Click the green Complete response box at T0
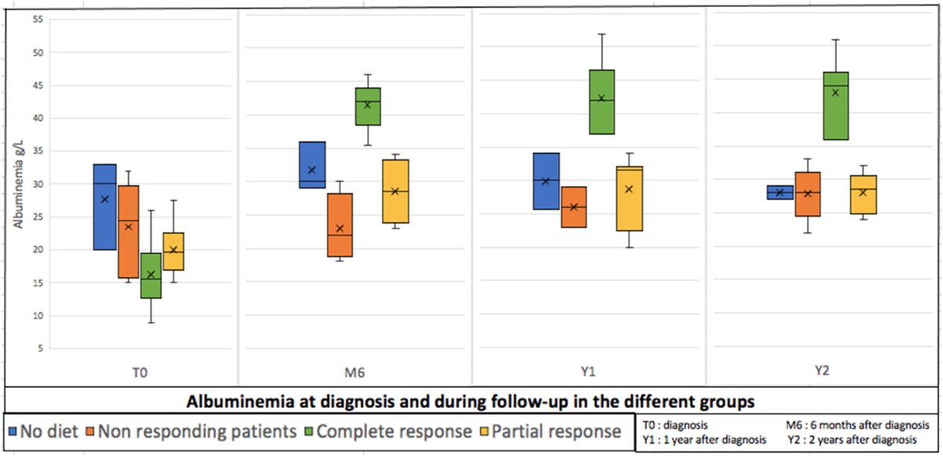click(x=151, y=275)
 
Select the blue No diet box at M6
click(x=312, y=165)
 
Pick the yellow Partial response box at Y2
click(x=864, y=195)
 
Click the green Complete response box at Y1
click(x=601, y=102)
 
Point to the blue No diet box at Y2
click(x=780, y=192)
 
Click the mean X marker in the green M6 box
click(x=367, y=105)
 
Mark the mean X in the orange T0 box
click(x=128, y=227)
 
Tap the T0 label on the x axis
click(x=140, y=374)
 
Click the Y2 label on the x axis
click(x=823, y=374)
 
